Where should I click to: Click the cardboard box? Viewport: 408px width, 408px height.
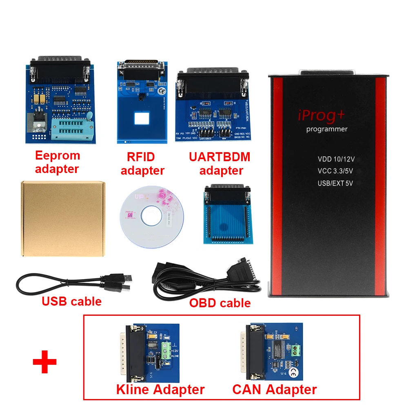click(x=63, y=219)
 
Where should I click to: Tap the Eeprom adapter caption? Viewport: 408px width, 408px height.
click(x=58, y=162)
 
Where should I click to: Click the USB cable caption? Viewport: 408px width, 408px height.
click(x=71, y=302)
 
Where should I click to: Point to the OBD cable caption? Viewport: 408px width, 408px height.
click(x=220, y=303)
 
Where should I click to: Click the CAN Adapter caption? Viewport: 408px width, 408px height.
click(x=275, y=389)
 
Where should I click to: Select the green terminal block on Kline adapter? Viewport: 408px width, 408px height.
click(x=166, y=349)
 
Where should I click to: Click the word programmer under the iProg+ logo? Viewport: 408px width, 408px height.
click(x=327, y=129)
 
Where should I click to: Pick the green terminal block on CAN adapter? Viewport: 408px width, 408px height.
click(x=296, y=349)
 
